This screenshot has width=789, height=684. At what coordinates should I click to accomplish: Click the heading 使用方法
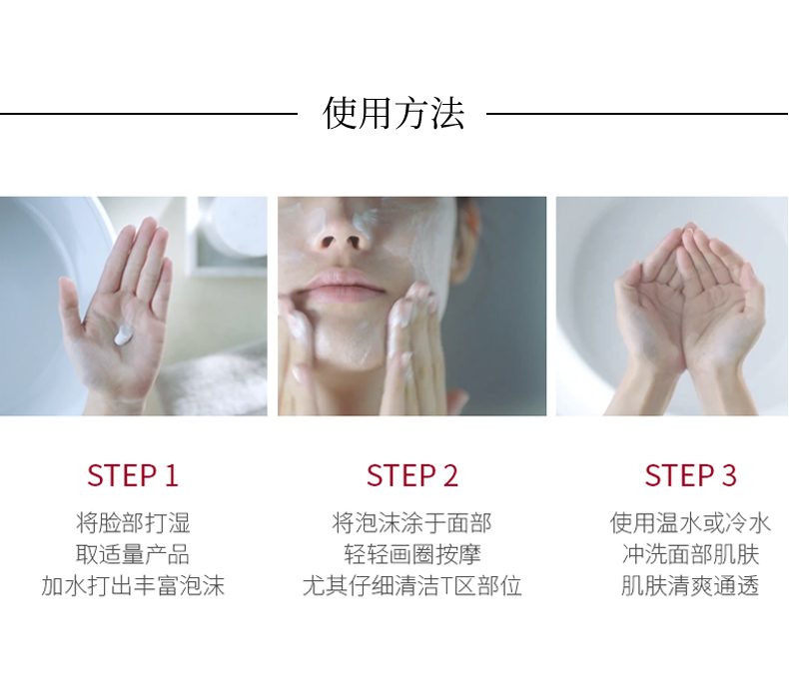point(393,113)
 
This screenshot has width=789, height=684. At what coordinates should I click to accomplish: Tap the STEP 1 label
point(133,475)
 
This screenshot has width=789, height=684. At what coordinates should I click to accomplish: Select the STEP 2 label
point(412,475)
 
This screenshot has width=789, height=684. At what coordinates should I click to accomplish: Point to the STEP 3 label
point(690,475)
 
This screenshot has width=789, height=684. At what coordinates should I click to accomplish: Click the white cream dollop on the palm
point(123,335)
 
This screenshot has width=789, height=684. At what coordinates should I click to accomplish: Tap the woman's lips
point(345,286)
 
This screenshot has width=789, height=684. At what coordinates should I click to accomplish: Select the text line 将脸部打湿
point(133,523)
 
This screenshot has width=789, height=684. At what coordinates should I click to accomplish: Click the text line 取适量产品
point(133,554)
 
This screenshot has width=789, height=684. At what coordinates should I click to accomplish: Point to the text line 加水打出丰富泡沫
point(133,586)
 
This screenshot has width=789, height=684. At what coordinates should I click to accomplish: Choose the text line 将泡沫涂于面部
point(412,523)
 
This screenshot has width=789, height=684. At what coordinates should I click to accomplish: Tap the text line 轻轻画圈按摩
point(412,554)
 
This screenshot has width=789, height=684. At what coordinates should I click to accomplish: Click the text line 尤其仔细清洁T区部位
point(412,586)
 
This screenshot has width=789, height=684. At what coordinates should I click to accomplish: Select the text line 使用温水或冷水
point(690,523)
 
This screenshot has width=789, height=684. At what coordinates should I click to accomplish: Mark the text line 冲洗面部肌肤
point(690,554)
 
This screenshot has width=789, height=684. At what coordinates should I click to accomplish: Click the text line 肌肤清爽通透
point(690,586)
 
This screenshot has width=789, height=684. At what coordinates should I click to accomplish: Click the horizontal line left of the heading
point(149,114)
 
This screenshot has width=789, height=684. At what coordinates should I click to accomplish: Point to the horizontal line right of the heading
point(637,114)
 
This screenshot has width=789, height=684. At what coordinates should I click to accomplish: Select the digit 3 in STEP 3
point(729,475)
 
